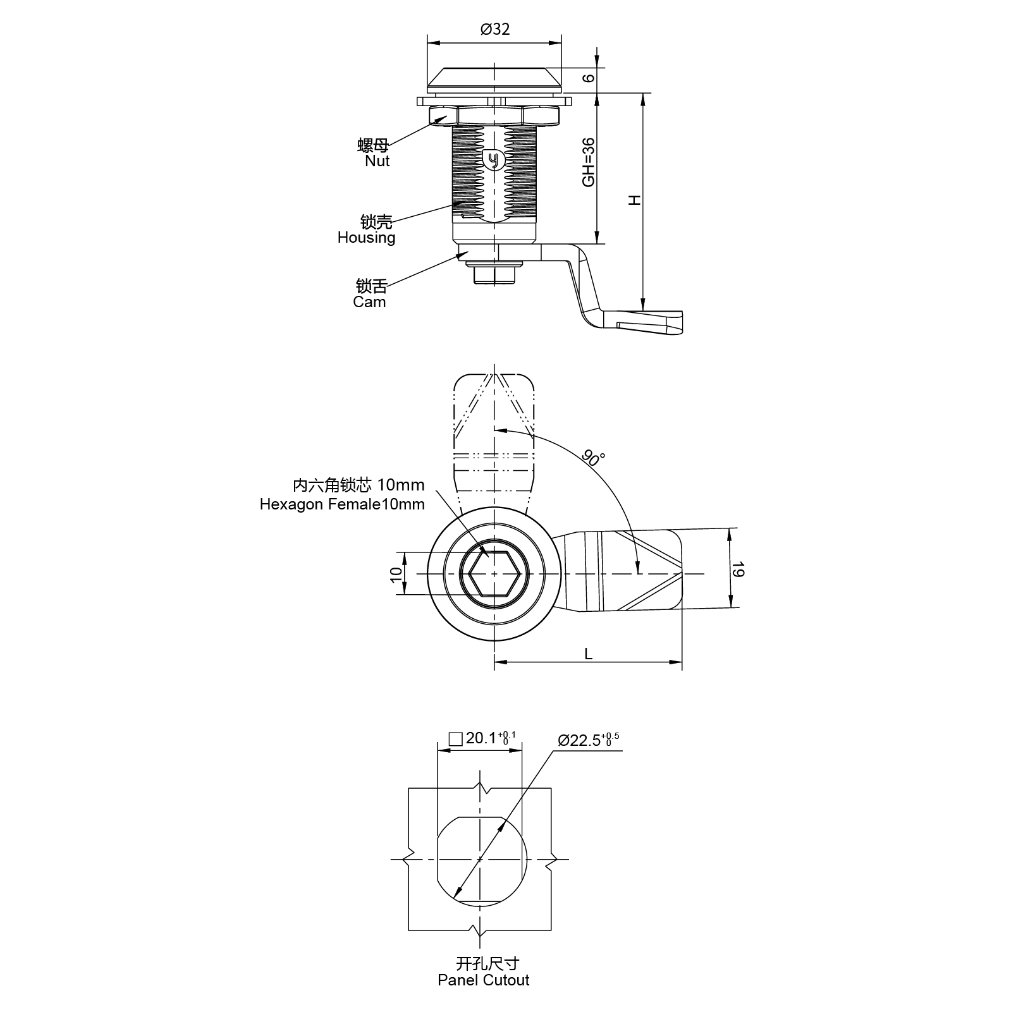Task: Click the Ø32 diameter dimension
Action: pos(494,30)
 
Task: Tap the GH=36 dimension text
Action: pos(589,162)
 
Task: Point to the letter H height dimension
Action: pos(634,200)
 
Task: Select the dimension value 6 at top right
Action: pos(589,78)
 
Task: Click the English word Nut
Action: pos(377,161)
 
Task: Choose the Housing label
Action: pos(366,238)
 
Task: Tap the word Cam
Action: pos(369,302)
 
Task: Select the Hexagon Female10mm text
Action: pos(342,504)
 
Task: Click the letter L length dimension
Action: pos(588,654)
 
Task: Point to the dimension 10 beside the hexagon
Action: pos(396,574)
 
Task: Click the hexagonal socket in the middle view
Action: pos(494,574)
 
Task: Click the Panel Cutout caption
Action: pos(483,980)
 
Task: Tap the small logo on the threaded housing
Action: pos(494,160)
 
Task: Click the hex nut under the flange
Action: pos(494,116)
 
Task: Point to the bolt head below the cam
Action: pos(494,274)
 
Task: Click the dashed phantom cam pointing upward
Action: pos(494,436)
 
